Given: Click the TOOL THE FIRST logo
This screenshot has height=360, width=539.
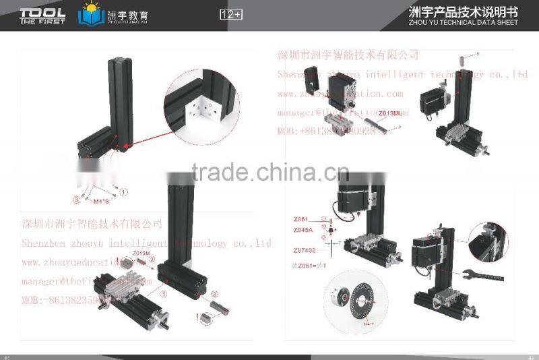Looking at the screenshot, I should (x=42, y=15).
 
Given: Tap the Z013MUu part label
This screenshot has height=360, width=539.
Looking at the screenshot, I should (x=390, y=113).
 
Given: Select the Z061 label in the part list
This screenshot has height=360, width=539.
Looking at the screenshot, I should (x=300, y=218).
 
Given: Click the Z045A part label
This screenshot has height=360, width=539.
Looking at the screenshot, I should (x=303, y=229).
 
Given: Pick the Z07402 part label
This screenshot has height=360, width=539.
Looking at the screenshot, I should (x=304, y=250).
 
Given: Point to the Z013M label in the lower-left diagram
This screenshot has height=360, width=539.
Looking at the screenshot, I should (x=141, y=253).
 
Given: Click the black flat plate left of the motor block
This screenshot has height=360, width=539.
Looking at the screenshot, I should (x=311, y=80).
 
